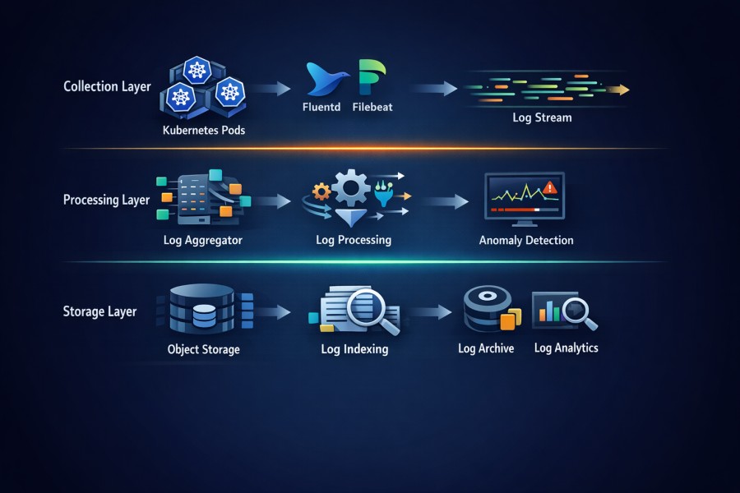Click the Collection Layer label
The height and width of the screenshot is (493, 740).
(107, 86)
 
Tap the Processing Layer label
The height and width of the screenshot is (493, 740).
(106, 200)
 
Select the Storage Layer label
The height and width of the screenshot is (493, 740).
(99, 311)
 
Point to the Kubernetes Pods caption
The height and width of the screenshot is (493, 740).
(204, 130)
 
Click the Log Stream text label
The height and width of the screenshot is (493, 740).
(542, 117)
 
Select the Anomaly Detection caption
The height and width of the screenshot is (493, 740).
(526, 241)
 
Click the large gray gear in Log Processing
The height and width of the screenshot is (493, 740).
(352, 188)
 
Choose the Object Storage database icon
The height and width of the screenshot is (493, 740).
(201, 310)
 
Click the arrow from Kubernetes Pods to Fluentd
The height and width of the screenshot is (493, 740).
(272, 88)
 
